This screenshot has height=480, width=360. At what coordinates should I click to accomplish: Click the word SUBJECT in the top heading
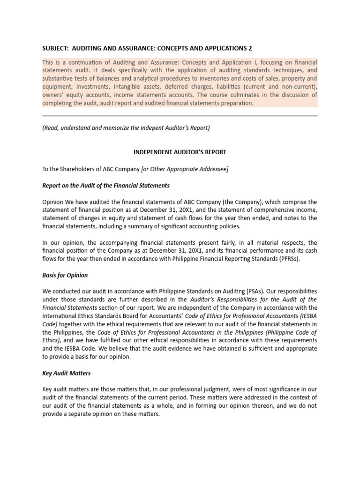click(55, 48)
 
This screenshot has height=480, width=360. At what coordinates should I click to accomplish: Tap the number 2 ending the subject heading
click(256, 48)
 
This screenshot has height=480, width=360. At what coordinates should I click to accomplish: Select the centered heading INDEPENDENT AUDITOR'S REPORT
click(180, 152)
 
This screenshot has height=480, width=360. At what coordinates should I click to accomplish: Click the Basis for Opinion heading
click(65, 275)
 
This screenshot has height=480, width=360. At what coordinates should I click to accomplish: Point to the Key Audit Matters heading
click(66, 373)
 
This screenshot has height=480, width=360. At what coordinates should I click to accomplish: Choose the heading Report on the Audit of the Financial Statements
click(106, 185)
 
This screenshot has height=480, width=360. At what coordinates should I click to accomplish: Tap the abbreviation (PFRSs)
click(287, 259)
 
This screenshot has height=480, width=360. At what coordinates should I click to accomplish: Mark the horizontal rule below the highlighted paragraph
click(180, 116)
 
